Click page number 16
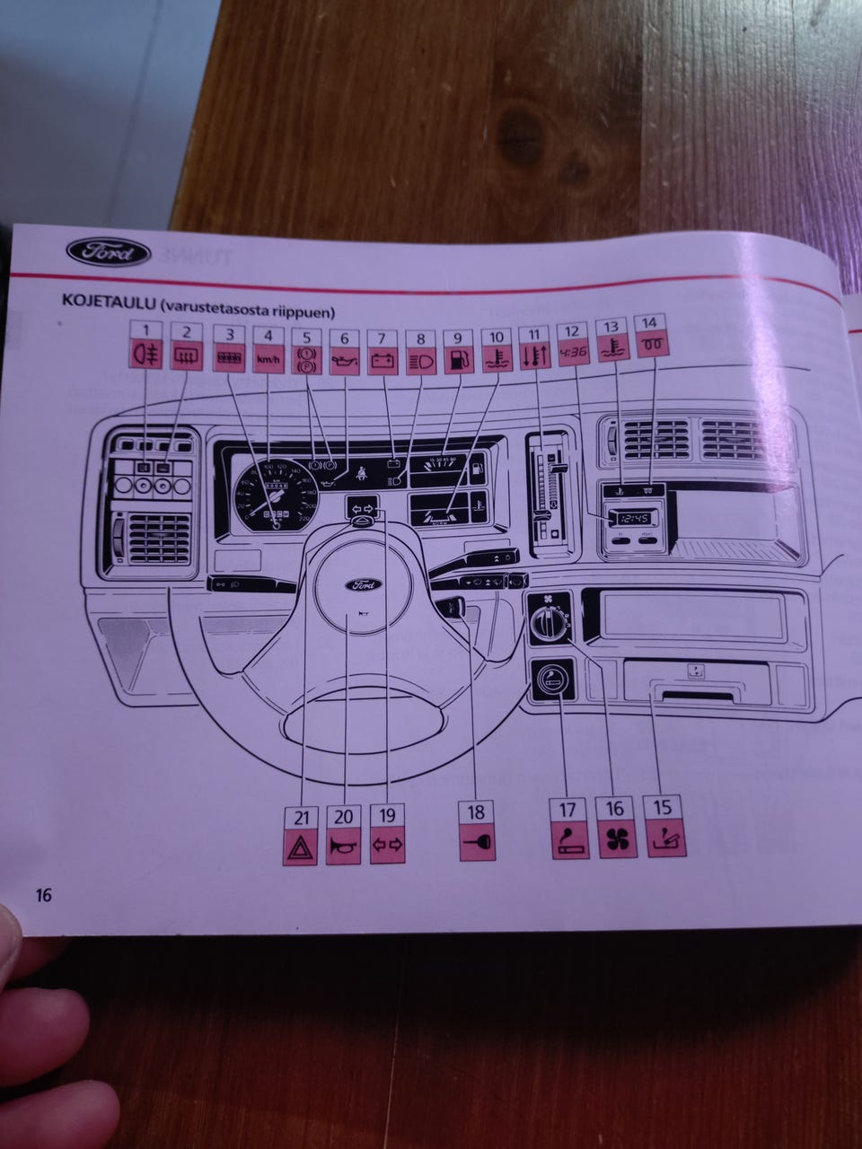pos(42,895)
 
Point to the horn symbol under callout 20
pos(344,846)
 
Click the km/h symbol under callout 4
pos(268,360)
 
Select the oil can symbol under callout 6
pos(345,362)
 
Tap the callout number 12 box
pos(572,329)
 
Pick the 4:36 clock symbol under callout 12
pos(573,352)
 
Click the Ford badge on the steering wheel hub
pos(364,585)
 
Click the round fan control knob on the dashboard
pos(548,618)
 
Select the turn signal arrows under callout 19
pos(387,845)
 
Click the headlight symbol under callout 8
pos(420,362)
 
